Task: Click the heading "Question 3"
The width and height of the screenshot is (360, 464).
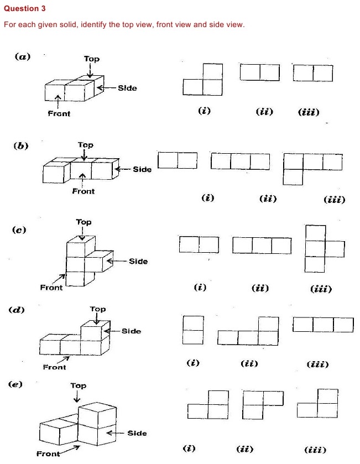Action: [x=25, y=9]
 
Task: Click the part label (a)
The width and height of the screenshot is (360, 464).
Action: [x=23, y=56]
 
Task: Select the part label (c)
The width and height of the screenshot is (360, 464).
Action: [x=20, y=230]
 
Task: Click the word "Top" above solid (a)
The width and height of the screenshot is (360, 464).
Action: [x=92, y=59]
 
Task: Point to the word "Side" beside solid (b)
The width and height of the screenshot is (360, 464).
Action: [x=142, y=169]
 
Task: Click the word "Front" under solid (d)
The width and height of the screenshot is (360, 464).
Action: [x=54, y=367]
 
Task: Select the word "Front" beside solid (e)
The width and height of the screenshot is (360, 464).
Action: [x=48, y=454]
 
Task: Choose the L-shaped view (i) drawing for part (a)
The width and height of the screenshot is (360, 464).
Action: [x=203, y=80]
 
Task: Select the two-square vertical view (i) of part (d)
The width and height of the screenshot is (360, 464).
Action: [x=193, y=330]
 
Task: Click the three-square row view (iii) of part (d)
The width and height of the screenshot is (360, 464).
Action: [x=323, y=325]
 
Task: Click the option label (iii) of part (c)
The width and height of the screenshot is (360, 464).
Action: [x=321, y=289]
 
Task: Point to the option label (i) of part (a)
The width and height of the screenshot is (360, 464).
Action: [x=204, y=111]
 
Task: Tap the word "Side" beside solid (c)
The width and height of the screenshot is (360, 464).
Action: [x=138, y=261]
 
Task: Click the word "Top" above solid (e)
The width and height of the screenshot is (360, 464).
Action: [x=78, y=385]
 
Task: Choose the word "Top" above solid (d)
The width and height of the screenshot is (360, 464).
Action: [x=98, y=309]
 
